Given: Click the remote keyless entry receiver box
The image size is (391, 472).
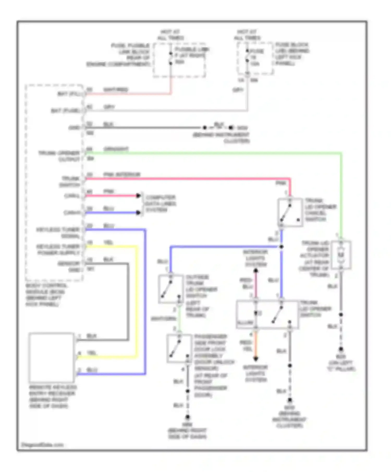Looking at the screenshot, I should tap(51, 357).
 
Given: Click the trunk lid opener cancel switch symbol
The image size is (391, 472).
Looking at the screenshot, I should tap(290, 212).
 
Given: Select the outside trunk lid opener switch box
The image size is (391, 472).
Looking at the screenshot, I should tap(171, 289).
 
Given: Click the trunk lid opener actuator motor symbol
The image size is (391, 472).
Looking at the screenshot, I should tap(341, 255).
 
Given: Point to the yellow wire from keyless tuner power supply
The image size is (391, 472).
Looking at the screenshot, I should tap(136, 299).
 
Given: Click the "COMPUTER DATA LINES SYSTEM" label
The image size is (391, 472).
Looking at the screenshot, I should tap(160, 203).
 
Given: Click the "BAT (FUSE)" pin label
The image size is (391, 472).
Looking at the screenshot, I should tap(65, 111).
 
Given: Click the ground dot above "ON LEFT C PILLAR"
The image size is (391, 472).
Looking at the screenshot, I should tap(341, 349).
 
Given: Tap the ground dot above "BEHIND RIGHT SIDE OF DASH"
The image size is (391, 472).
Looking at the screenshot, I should tap(187, 417).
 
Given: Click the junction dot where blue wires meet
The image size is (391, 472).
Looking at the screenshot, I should tap(282, 246).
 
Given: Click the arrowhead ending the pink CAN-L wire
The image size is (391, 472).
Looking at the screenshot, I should tap(138, 196).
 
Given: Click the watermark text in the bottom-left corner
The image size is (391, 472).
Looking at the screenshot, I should tap(42, 445).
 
